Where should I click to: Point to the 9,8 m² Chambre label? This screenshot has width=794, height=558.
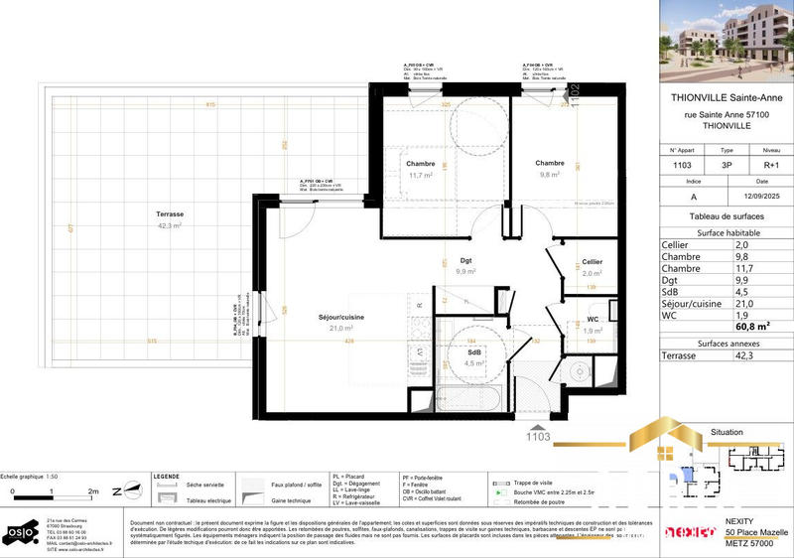(x=550, y=164)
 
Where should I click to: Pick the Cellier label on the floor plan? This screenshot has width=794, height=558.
(x=593, y=262)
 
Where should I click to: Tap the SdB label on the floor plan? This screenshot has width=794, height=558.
(x=475, y=352)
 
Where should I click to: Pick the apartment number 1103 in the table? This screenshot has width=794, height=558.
(x=684, y=165)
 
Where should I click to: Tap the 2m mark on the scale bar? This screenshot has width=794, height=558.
(x=93, y=490)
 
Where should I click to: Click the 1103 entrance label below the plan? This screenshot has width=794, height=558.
(x=537, y=434)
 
